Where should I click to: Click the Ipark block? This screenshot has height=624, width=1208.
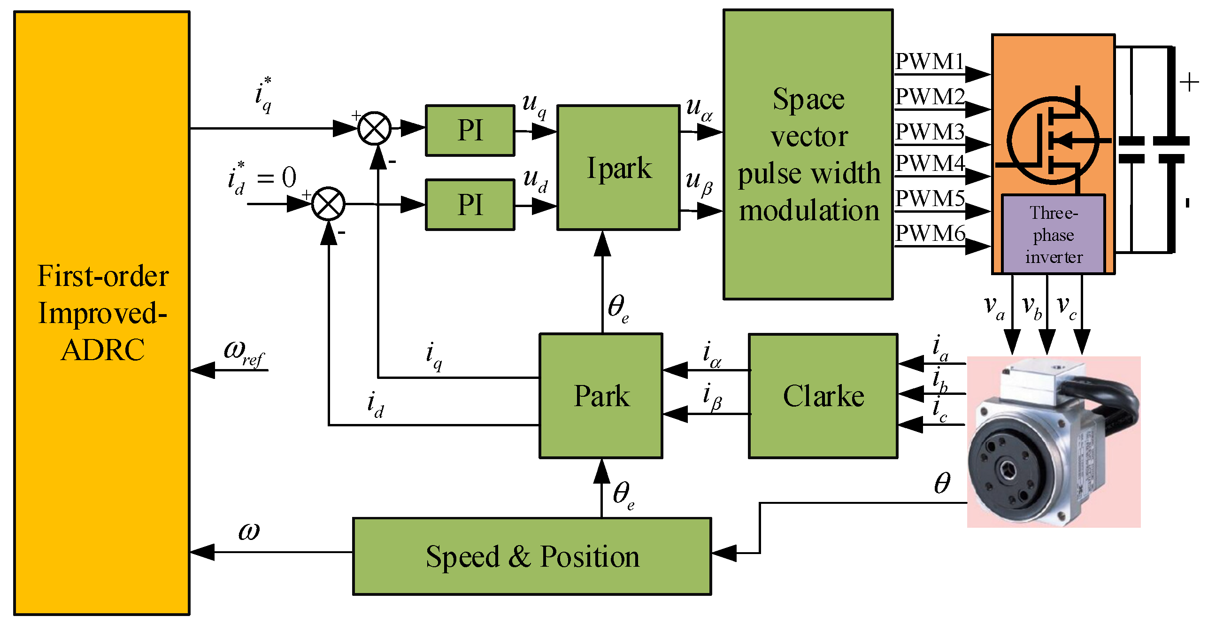[618, 168]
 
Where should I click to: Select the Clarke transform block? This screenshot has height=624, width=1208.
[823, 396]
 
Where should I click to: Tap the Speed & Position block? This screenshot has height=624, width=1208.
[532, 556]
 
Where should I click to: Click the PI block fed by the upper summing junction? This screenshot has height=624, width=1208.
[470, 130]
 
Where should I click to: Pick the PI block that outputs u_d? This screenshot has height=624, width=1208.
[470, 205]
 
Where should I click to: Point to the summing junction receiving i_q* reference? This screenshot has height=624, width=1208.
[374, 128]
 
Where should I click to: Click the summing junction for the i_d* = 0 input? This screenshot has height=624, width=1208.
[328, 204]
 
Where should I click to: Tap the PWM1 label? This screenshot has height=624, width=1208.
[929, 62]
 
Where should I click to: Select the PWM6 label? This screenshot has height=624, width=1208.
[930, 233]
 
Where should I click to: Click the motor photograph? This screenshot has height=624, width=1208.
[1053, 441]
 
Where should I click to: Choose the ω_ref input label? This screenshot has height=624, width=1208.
[244, 352]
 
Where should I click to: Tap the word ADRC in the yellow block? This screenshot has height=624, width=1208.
[103, 350]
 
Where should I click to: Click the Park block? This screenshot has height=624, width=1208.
[601, 396]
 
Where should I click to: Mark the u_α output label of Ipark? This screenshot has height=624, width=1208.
[699, 109]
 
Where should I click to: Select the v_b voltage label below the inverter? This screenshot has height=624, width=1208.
[1032, 308]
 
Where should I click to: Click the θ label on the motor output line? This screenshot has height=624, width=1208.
[942, 483]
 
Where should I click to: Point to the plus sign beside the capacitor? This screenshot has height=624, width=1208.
[1189, 83]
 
